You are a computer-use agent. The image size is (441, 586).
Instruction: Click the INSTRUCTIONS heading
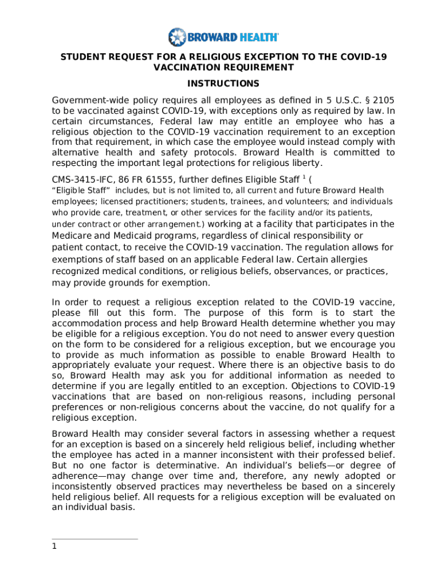[x=220, y=84]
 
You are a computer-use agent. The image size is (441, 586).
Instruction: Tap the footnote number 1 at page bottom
[x=54, y=547]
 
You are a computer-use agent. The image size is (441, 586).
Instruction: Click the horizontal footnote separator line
[x=94, y=539]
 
